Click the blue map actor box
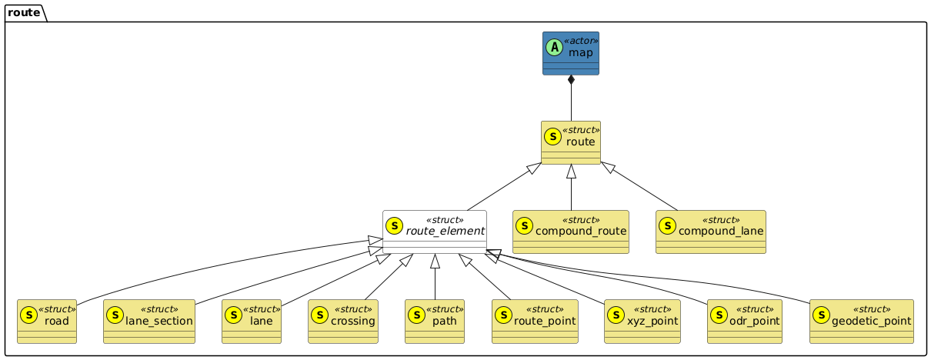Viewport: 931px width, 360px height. click(x=570, y=53)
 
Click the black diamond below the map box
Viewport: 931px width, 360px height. click(x=571, y=81)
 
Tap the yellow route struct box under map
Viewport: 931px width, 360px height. click(x=570, y=142)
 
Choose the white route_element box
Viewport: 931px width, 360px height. click(x=435, y=232)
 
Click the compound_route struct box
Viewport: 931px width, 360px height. click(x=571, y=232)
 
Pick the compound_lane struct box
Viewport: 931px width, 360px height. click(x=710, y=232)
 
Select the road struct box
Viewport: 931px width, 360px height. click(x=52, y=321)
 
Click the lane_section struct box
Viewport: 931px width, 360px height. click(x=149, y=321)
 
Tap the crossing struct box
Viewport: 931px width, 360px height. click(x=343, y=321)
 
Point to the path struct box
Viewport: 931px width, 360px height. click(x=435, y=321)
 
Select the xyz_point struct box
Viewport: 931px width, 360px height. click(x=642, y=321)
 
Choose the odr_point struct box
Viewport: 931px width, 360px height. click(x=744, y=321)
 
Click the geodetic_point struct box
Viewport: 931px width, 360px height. click(x=861, y=321)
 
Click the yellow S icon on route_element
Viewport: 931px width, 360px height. click(x=394, y=225)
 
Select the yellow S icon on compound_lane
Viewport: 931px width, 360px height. click(x=667, y=225)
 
